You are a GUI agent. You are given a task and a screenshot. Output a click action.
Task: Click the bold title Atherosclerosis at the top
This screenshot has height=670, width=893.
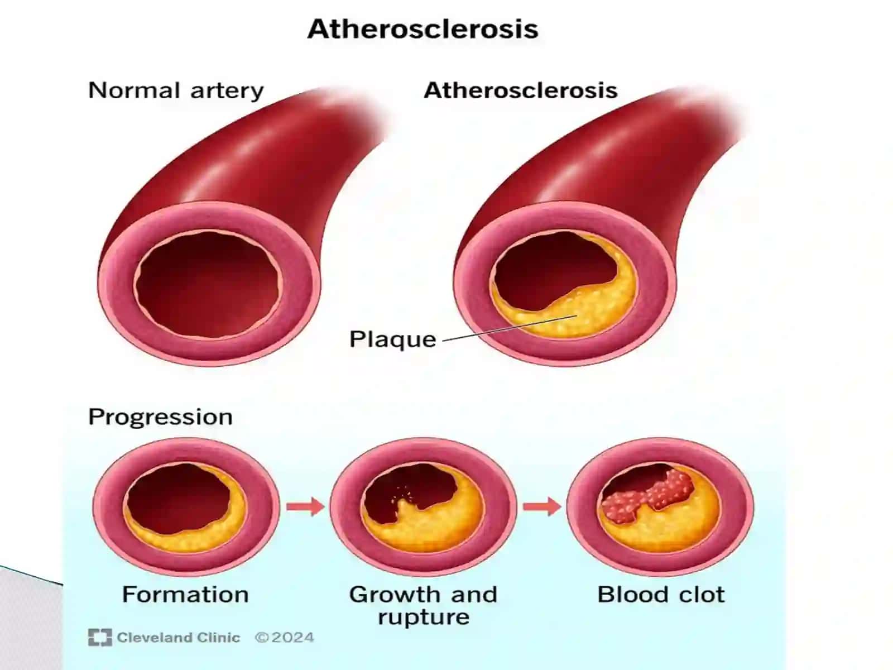[423, 29]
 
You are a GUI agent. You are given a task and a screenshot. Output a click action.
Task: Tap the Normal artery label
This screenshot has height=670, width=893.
[176, 90]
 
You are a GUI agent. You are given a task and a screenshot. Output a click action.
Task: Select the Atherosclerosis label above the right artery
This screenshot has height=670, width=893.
[520, 90]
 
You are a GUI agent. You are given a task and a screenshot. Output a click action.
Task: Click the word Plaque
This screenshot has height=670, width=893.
[392, 339]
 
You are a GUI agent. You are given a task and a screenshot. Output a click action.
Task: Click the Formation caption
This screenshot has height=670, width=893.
[185, 595]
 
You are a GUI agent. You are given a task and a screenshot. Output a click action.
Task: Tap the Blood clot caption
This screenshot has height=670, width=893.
[661, 595]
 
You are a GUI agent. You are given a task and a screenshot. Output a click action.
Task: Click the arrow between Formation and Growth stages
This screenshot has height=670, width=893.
[305, 507]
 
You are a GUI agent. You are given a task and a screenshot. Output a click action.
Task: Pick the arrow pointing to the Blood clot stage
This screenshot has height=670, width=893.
[542, 507]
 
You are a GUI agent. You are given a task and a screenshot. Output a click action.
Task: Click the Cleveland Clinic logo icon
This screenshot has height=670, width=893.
[100, 638]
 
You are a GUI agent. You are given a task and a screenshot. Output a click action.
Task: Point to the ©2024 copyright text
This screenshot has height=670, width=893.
[285, 638]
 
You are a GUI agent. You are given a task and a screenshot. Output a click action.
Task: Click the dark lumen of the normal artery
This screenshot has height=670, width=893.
[208, 285]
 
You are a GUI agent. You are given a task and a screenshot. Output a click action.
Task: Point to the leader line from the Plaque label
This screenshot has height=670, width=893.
[510, 328]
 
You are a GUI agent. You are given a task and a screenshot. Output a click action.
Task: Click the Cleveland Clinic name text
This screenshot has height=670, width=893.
[178, 638]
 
